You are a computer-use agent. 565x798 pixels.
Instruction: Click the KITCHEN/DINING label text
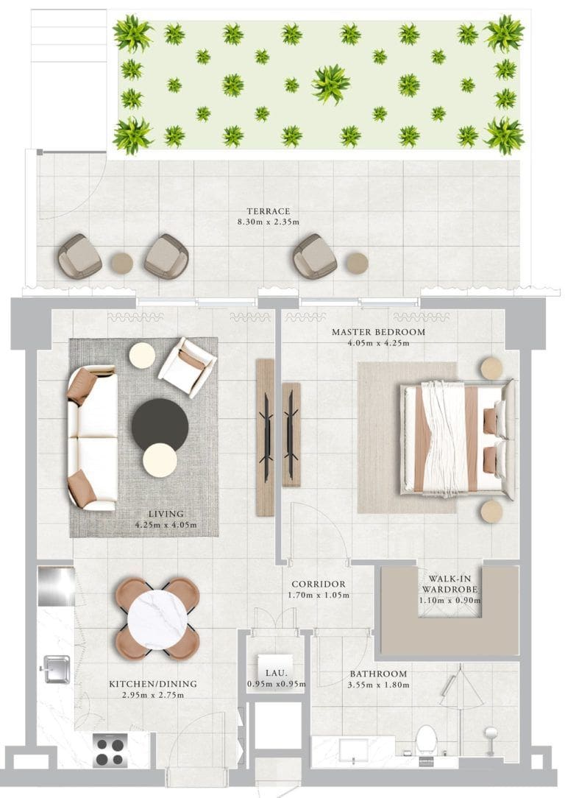coord(153,684)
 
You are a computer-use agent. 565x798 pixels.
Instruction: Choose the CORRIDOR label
coord(318,585)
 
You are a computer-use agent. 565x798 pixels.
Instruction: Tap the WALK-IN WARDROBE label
coord(449,584)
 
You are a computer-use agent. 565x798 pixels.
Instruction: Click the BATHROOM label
coord(378,674)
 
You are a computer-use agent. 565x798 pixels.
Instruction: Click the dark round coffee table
coord(160,426)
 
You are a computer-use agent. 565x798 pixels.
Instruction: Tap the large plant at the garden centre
coord(330,84)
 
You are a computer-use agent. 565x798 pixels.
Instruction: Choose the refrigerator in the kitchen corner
coord(56,586)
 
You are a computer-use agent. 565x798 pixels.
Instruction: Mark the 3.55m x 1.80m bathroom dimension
coord(378,685)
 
